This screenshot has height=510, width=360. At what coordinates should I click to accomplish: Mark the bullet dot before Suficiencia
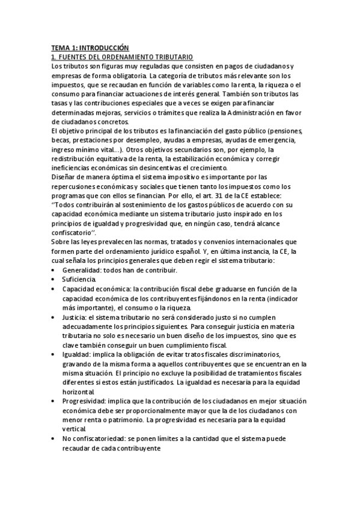click(55, 280)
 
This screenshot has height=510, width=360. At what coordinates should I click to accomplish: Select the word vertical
click(75, 431)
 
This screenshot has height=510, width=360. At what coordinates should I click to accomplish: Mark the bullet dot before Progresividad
click(55, 402)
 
